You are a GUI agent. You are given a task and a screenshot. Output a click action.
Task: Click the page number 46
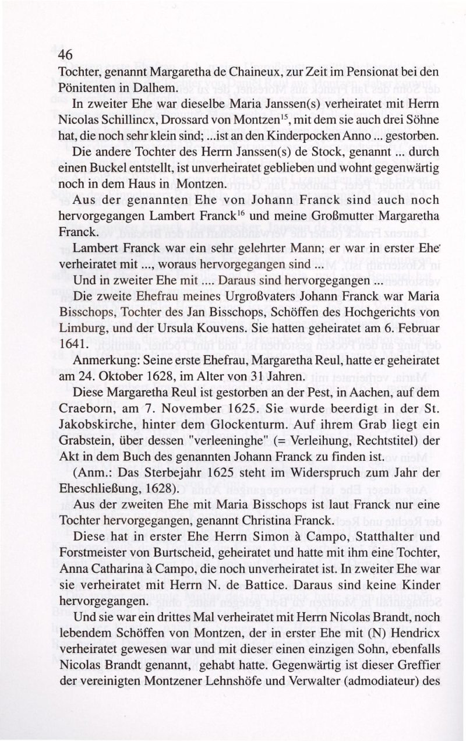pyautogui.click(x=65, y=55)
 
